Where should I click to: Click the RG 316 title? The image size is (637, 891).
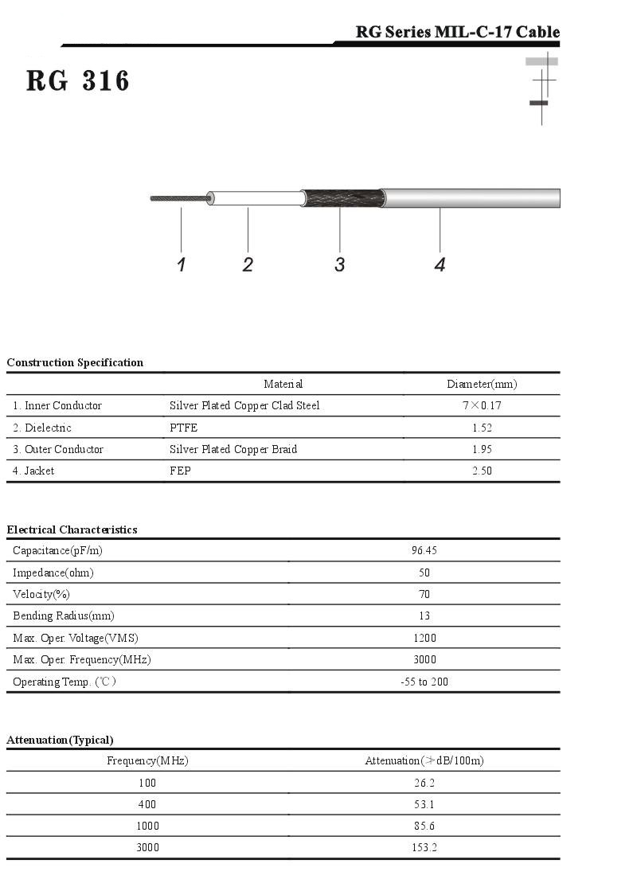[77, 81]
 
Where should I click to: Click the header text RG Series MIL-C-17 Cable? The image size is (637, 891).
[457, 33]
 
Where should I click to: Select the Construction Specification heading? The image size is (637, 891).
[75, 362]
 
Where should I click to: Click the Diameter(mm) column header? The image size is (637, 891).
[482, 385]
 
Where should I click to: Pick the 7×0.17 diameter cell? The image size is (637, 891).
[482, 406]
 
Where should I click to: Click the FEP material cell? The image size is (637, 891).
[180, 471]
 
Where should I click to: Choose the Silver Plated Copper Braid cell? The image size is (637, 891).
[233, 449]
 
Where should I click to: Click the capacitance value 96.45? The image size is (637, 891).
[424, 550]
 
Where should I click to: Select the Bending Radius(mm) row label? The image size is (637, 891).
[64, 615]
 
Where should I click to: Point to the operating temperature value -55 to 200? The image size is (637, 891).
[424, 682]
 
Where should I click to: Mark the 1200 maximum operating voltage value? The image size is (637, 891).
[424, 638]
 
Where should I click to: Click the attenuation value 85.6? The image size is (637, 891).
[424, 826]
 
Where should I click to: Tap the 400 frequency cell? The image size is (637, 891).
[147, 804]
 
